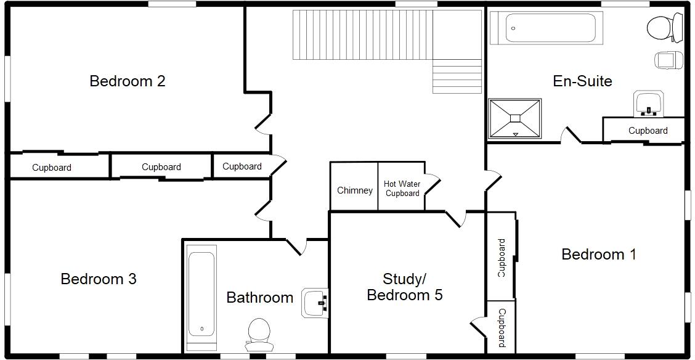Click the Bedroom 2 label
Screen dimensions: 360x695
(x=127, y=81)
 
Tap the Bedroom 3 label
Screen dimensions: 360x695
(x=99, y=279)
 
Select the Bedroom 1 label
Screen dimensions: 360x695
(x=598, y=254)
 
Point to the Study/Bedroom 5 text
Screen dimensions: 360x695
(x=404, y=287)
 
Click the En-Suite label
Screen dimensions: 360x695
(x=582, y=81)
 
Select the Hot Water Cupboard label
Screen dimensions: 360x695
(x=402, y=189)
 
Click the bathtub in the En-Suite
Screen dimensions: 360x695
(x=543, y=28)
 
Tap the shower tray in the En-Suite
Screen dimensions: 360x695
(x=515, y=118)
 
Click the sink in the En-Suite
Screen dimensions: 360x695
(x=648, y=103)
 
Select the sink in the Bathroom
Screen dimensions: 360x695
(x=315, y=303)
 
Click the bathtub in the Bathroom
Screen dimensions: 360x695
(x=201, y=294)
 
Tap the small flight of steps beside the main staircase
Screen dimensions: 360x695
(x=457, y=76)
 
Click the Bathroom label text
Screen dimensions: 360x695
(x=259, y=298)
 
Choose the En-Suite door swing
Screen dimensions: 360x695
(x=571, y=135)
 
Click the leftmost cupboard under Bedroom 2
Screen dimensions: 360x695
(x=52, y=167)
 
